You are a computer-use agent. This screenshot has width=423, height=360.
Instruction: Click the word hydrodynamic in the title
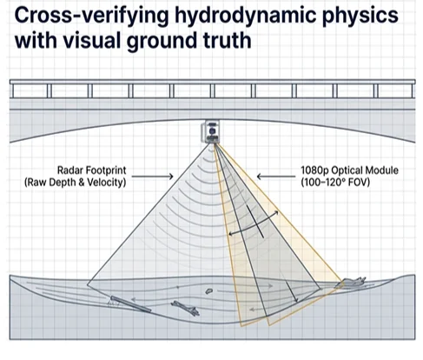tap(246, 16)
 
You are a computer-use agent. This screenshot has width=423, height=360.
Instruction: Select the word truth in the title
tap(228, 41)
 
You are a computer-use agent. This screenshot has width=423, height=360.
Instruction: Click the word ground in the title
tap(162, 42)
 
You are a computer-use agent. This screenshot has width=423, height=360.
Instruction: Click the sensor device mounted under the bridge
tap(210, 131)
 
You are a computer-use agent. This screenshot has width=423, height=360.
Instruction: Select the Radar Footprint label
tap(91, 170)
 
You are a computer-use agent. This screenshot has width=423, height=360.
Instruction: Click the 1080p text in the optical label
tap(314, 170)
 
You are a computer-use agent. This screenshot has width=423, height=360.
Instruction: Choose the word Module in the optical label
tap(382, 170)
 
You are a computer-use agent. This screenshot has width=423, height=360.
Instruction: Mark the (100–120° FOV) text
tap(335, 183)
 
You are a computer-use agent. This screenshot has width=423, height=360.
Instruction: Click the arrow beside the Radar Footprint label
tap(153, 177)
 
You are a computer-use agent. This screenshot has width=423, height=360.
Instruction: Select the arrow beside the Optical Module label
tap(276, 177)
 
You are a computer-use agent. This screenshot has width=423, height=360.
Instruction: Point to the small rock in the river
tap(208, 290)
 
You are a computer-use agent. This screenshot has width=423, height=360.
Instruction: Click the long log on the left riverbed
tap(130, 304)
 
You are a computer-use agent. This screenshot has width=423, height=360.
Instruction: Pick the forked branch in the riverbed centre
tap(185, 308)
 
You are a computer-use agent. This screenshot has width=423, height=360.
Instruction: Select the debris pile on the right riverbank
tap(350, 283)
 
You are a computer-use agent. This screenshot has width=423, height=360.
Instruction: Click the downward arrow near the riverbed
tap(292, 291)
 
